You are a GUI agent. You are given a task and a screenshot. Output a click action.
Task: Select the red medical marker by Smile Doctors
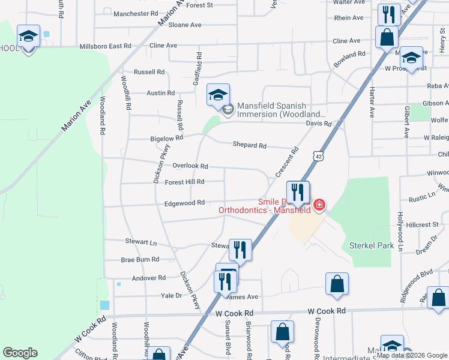[x=318, y=206]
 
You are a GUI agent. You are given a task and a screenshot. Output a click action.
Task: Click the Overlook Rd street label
[x=190, y=166]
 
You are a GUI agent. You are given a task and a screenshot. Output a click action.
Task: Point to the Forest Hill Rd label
[x=184, y=182]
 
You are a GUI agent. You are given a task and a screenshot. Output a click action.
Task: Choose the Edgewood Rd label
[x=184, y=203]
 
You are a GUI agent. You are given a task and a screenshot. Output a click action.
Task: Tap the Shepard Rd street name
[x=249, y=145]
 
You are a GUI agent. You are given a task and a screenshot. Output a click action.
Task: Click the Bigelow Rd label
[x=166, y=139]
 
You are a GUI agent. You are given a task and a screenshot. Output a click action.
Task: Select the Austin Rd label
[x=160, y=93]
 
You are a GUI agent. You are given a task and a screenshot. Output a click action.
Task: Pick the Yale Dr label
[x=170, y=295]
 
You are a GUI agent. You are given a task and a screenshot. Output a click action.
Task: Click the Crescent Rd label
[x=287, y=162]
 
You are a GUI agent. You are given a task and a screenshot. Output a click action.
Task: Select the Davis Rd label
[x=319, y=124]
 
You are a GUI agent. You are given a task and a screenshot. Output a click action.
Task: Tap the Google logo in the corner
[x=20, y=353]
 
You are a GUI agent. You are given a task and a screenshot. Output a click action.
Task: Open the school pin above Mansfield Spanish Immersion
[x=218, y=94]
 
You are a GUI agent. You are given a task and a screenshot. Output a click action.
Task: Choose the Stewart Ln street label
[x=140, y=242]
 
